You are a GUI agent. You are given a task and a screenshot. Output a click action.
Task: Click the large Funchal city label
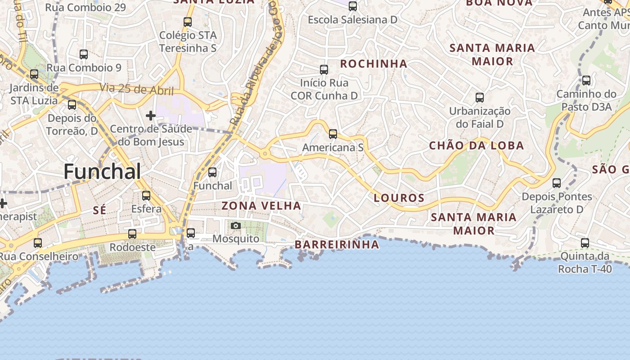click(102, 171)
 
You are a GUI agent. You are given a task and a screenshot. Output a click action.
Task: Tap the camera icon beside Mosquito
click(235, 225)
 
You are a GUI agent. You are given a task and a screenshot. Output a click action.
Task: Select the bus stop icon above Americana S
click(333, 134)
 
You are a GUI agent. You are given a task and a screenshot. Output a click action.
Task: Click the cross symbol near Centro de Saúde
click(151, 116)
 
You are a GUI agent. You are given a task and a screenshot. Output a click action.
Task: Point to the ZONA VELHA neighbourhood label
click(261, 206)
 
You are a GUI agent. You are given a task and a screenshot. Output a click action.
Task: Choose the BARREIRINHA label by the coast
click(337, 244)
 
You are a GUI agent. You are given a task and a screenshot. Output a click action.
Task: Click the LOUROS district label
click(399, 198)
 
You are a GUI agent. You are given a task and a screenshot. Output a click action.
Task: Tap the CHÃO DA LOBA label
click(477, 145)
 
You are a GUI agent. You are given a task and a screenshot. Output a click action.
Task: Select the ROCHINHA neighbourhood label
click(373, 64)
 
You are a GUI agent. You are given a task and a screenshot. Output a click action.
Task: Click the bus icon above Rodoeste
click(132, 234)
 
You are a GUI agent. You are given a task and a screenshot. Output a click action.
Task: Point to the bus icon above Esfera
click(146, 196)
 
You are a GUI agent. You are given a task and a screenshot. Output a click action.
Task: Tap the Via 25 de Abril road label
click(137, 89)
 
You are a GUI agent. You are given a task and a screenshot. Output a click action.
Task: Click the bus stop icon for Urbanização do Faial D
click(480, 98)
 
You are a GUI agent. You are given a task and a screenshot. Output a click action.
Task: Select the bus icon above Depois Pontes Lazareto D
click(557, 183)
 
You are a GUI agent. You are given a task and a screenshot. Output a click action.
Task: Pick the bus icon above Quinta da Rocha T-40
click(585, 243)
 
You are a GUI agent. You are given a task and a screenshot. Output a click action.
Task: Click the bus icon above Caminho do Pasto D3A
click(586, 81)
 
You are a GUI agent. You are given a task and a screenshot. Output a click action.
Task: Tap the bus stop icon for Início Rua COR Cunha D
click(324, 70)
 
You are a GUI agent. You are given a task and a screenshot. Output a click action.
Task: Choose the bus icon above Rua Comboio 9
click(84, 54)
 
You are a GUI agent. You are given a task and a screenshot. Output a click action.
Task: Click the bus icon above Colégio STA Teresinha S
click(188, 22)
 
